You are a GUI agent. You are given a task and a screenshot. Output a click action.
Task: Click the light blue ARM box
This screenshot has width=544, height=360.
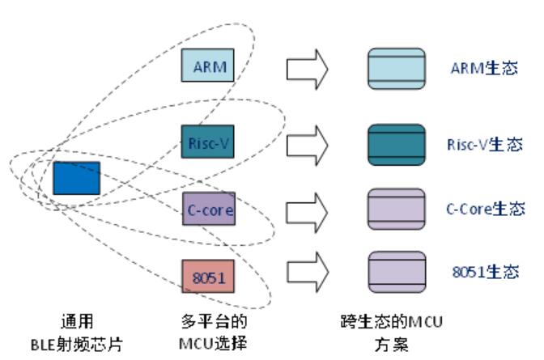pyautogui.click(x=207, y=66)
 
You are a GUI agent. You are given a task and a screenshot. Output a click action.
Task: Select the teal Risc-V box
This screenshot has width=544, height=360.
pyautogui.click(x=207, y=142)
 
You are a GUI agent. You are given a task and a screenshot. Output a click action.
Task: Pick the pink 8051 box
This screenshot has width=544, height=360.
pyautogui.click(x=207, y=277)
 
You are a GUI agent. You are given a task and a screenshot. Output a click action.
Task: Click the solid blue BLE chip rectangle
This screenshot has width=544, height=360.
pyautogui.click(x=77, y=178)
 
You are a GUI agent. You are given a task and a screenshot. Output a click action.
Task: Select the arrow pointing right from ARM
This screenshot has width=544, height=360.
pyautogui.click(x=307, y=69)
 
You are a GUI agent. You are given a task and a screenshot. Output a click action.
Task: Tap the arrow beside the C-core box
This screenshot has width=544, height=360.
pyautogui.click(x=307, y=210)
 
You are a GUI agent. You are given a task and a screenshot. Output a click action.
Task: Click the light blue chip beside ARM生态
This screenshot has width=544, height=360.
pyautogui.click(x=396, y=68)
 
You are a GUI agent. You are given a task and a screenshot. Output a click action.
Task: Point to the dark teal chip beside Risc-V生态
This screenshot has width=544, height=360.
pyautogui.click(x=396, y=142)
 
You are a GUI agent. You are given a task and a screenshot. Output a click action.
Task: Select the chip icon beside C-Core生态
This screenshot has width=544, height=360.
pyautogui.click(x=396, y=206)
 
